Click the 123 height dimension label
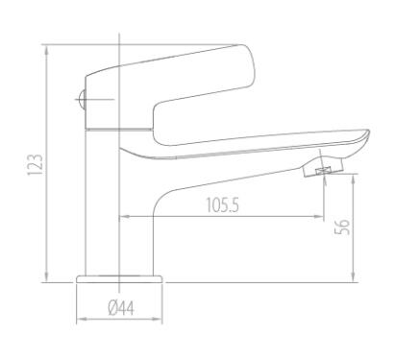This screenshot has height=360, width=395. [35, 165]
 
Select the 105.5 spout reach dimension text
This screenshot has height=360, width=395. [222, 205]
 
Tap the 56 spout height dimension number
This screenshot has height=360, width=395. [342, 228]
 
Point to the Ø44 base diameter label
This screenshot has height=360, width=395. [121, 308]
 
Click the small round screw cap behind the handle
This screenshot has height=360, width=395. [82, 99]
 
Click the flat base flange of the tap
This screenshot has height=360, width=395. [119, 279]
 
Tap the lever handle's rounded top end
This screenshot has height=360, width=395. [247, 65]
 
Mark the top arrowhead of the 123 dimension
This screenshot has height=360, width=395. [47, 49]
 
